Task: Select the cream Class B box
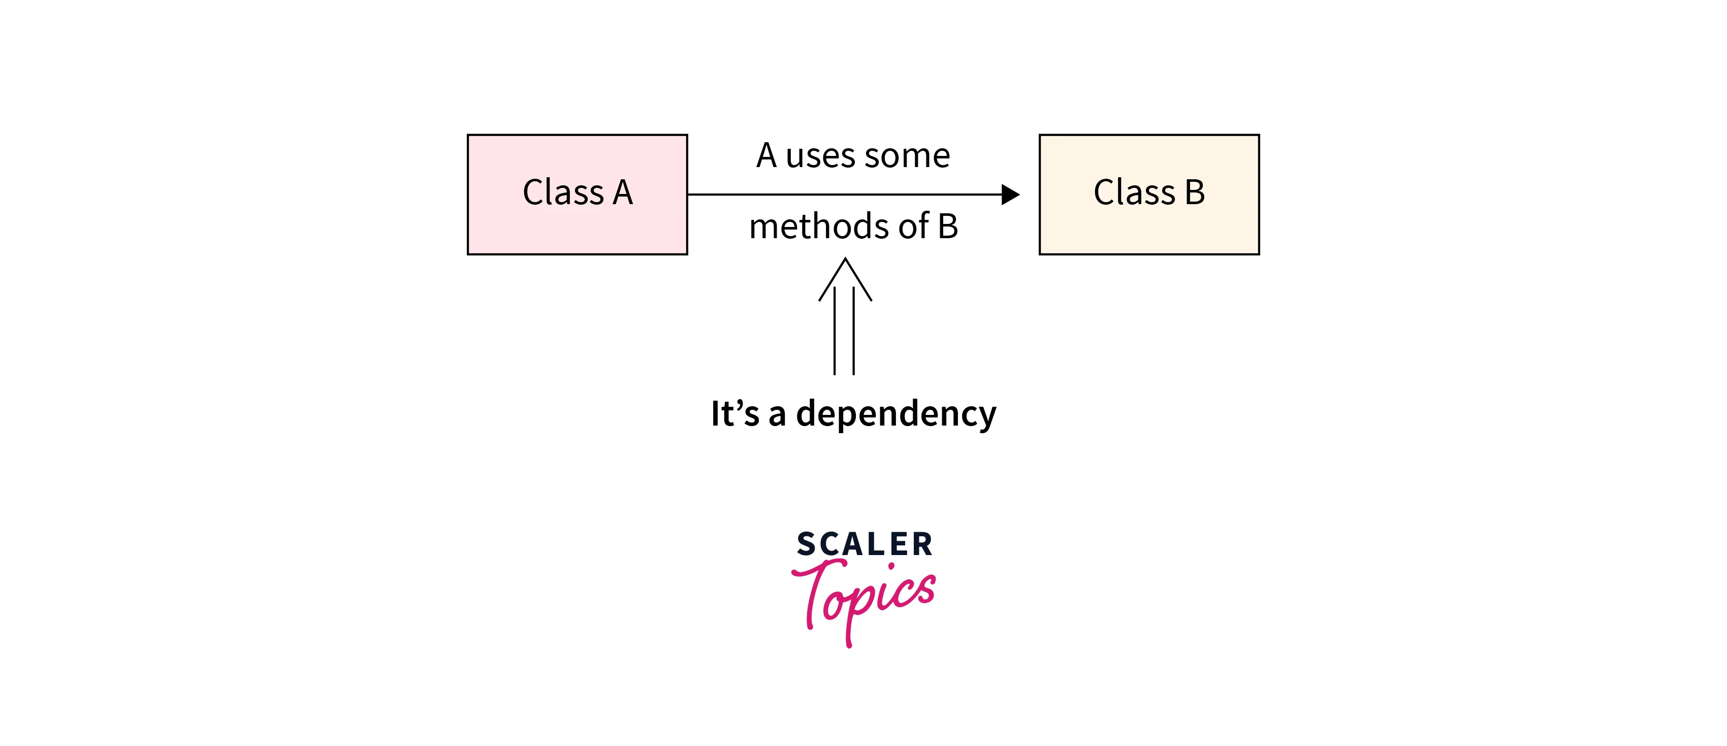pos(1148,228)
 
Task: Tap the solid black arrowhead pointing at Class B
pos(1010,194)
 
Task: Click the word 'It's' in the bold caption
pos(735,413)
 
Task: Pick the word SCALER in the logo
pos(864,543)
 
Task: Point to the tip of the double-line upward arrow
pos(845,260)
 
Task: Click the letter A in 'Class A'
pos(623,192)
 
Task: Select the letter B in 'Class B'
pos(1195,192)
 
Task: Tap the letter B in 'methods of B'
pos(947,226)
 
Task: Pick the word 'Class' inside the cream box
pos(1134,192)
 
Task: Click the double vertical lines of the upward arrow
pos(844,332)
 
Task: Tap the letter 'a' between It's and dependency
pos(777,415)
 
